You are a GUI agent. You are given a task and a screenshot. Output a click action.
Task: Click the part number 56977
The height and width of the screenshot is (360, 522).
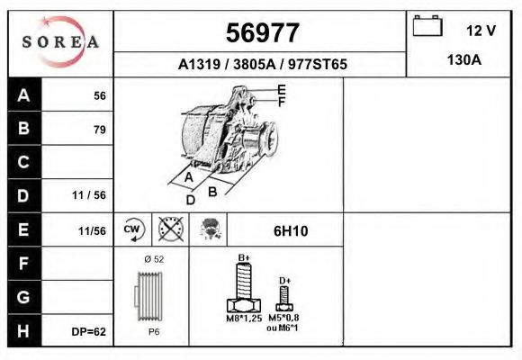(x=262, y=33)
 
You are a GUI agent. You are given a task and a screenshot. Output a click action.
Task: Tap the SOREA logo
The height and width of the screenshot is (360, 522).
(x=60, y=42)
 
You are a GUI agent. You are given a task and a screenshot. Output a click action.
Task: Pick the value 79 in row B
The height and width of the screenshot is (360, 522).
(x=99, y=130)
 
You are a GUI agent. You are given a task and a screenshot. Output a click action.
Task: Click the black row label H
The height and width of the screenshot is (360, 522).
(x=23, y=330)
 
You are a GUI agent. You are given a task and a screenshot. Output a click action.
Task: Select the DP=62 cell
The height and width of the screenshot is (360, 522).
(x=89, y=332)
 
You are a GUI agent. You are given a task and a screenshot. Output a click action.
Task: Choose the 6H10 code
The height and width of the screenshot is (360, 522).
(x=290, y=231)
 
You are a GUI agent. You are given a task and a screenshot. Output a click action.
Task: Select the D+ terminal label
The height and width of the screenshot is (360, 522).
(x=285, y=282)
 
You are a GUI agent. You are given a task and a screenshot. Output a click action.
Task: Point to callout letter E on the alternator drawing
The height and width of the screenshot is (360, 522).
(x=282, y=89)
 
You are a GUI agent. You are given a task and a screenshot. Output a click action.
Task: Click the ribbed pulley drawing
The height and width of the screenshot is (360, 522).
(x=149, y=296)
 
